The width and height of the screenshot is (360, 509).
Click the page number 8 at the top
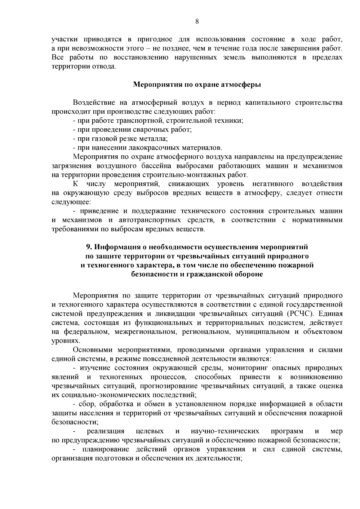pos(197,21)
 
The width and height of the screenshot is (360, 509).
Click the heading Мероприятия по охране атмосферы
pos(197,84)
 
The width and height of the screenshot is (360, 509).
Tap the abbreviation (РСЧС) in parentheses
pos(299,314)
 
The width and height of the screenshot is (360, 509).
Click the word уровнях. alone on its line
pos(62,341)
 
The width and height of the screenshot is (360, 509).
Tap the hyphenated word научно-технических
pos(225,431)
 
